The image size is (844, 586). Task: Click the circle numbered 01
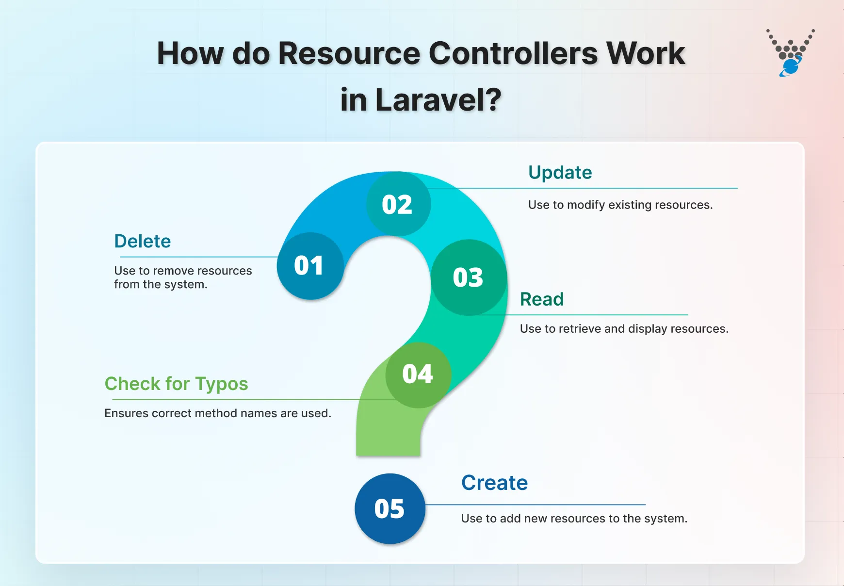coord(310,266)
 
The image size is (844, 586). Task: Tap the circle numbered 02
coord(398,204)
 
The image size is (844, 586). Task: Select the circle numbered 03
coord(469,277)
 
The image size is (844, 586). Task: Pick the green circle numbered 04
coord(418,374)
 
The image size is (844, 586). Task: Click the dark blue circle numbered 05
coord(390,509)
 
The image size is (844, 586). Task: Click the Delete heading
coord(143,241)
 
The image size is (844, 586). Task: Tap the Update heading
coord(560,173)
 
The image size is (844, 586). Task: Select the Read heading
coord(541,299)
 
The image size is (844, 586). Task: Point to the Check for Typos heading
coord(176,384)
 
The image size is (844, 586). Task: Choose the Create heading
coord(494,483)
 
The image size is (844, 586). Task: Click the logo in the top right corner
coord(790,52)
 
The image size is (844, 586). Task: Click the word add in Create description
coord(510,519)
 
